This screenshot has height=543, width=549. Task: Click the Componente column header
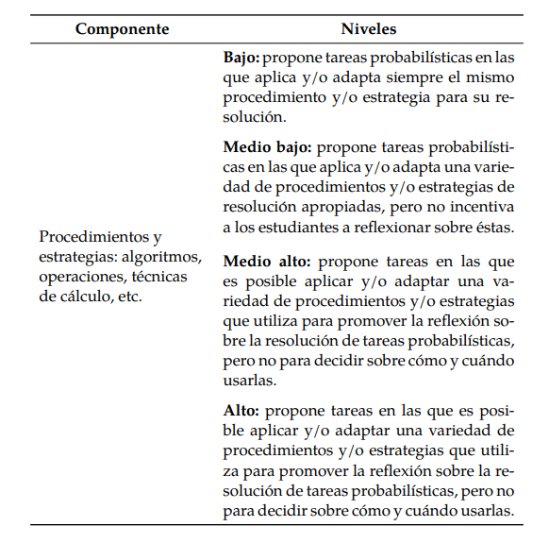123,28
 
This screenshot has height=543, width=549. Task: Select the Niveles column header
369,28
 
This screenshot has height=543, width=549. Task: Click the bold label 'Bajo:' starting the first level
242,58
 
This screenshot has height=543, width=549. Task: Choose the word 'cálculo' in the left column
90,296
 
